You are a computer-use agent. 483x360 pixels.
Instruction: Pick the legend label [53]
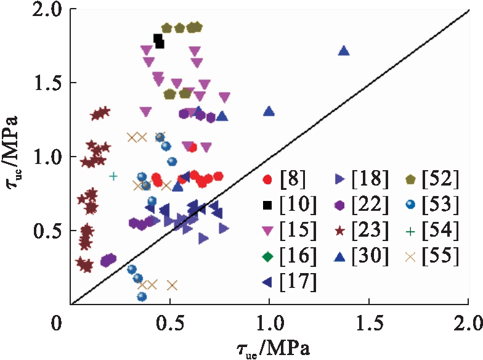440,205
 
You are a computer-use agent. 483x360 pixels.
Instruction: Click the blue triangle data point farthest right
344,51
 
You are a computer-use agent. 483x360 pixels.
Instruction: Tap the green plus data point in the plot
113,176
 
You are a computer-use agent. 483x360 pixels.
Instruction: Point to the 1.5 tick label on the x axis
368,322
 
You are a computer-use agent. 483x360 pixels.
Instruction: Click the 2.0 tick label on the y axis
46,10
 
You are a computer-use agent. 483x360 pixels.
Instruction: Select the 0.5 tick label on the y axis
46,231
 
